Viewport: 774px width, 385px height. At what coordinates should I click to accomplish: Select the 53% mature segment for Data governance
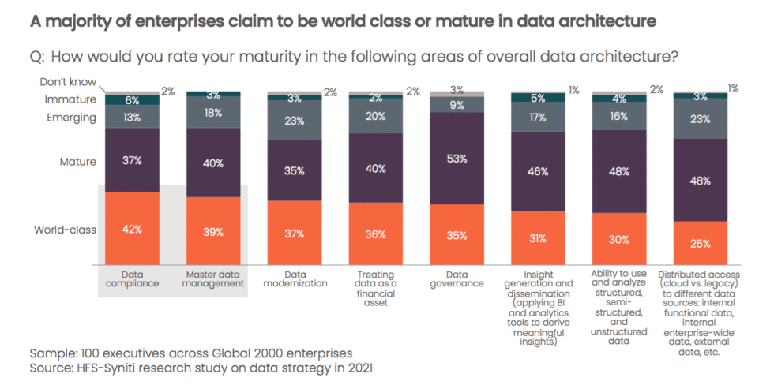(457, 158)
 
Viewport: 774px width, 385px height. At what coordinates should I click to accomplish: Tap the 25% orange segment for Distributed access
(700, 243)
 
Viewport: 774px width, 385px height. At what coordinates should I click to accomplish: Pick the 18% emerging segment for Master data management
(213, 113)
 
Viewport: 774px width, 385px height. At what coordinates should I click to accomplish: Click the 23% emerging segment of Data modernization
(295, 121)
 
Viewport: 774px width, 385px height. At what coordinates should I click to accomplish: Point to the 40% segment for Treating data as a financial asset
(376, 167)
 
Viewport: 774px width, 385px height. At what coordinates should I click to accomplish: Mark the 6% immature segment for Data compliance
(132, 99)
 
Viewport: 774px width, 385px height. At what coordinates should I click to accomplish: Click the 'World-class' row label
(65, 230)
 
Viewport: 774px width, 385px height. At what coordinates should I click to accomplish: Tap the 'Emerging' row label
(71, 118)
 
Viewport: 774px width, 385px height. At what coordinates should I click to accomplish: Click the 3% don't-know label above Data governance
(457, 89)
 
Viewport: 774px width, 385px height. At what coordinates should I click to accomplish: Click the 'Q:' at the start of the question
(39, 56)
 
